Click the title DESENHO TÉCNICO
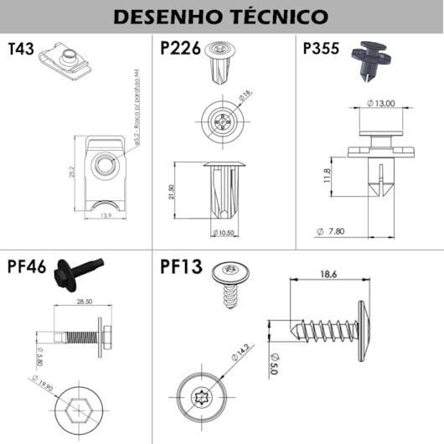[x=221, y=17]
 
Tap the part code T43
[x=20, y=49]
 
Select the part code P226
[x=179, y=49]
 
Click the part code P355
[x=321, y=49]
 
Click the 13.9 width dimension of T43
[x=104, y=216]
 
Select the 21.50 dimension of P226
[x=171, y=191]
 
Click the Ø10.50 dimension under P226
[x=224, y=232]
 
